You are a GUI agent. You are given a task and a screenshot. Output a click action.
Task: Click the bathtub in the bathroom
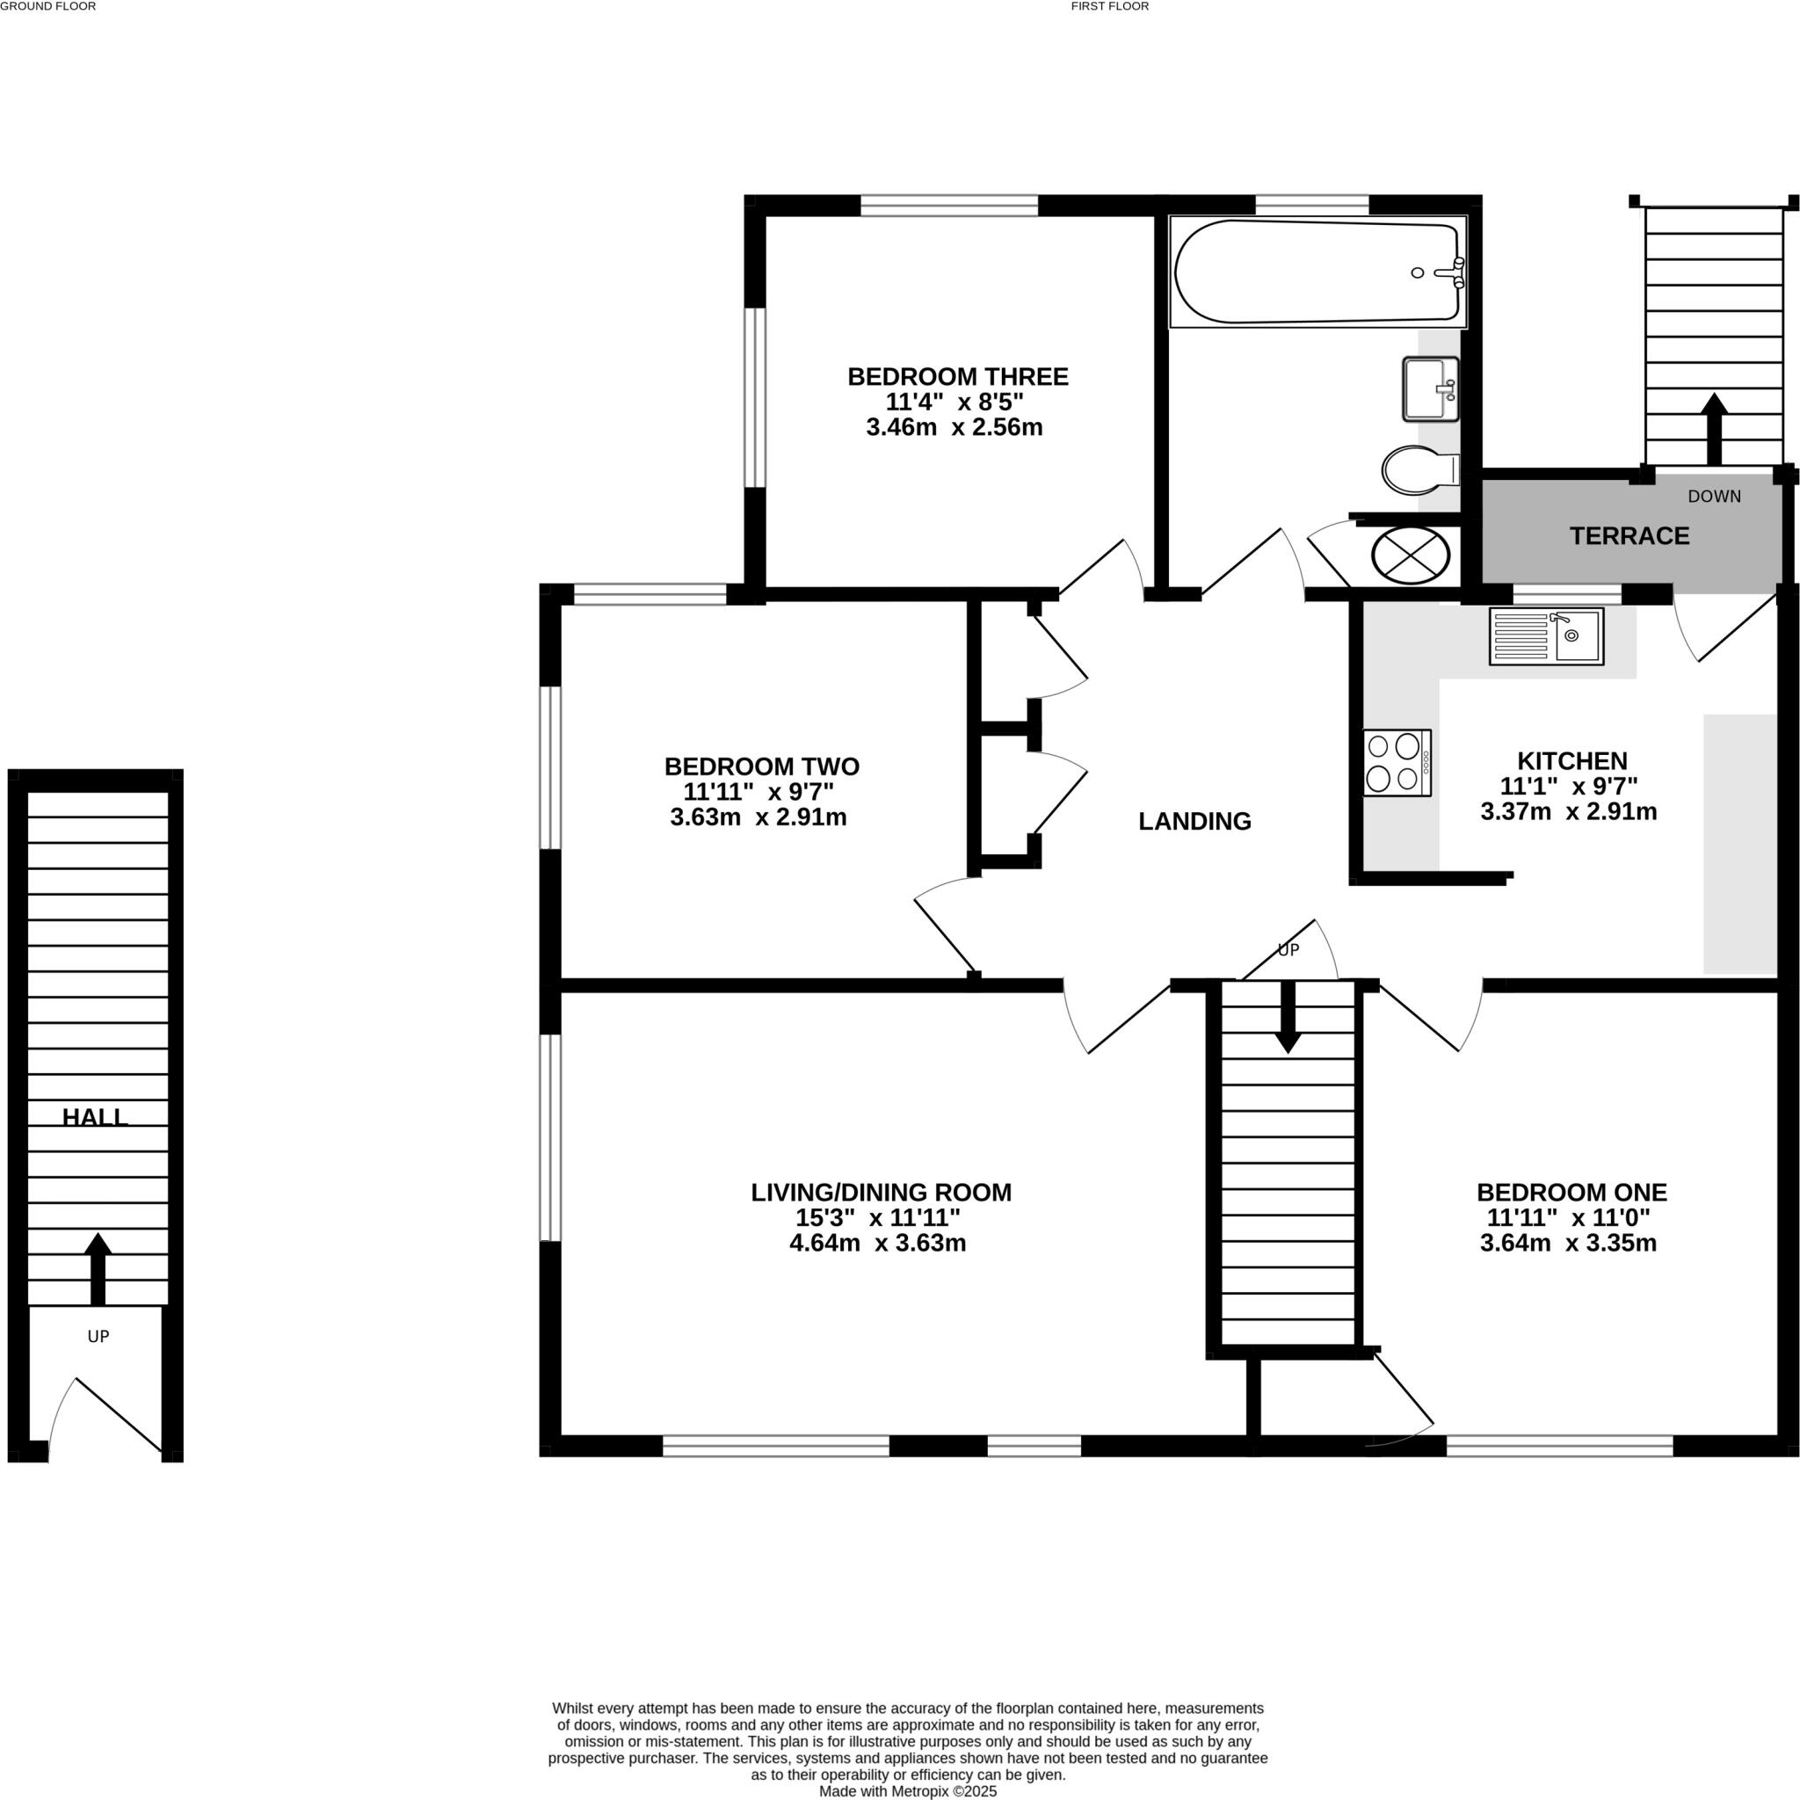1317,272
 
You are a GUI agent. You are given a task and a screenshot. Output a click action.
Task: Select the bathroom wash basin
1430,389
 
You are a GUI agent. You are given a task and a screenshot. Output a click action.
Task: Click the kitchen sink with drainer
1546,636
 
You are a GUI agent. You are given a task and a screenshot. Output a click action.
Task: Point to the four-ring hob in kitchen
1397,762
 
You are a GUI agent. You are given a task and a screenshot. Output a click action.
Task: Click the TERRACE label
1629,536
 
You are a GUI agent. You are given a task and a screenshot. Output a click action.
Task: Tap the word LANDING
1194,821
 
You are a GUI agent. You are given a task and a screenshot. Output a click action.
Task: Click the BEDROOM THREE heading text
957,376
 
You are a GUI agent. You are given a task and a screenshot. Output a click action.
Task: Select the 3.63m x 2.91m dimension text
758,818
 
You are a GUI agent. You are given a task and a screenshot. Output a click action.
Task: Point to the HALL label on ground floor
95,1117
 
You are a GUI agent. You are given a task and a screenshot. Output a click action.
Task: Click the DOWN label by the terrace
1713,497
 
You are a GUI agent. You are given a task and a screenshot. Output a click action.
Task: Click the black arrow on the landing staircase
1288,1020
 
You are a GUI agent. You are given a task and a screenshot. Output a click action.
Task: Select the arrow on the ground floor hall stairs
98,1267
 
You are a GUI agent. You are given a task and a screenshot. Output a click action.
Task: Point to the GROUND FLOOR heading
48,5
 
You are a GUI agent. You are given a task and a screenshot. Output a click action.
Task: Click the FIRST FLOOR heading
1110,5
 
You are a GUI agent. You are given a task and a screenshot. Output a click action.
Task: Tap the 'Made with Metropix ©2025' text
907,1791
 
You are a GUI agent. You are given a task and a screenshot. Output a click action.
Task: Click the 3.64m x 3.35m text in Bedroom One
1568,1243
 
